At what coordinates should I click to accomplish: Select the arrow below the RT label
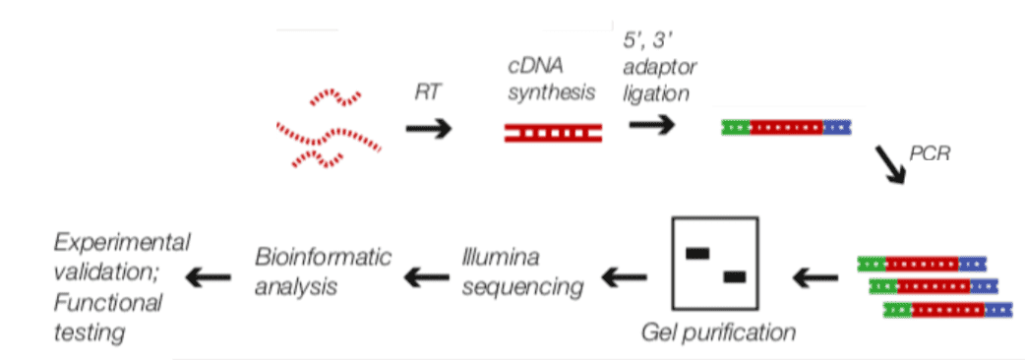(430, 129)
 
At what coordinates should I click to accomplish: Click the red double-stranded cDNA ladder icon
(554, 132)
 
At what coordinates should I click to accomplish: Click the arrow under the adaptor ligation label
(652, 125)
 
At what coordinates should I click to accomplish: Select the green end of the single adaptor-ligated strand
(735, 127)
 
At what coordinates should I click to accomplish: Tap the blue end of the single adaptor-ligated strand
(837, 127)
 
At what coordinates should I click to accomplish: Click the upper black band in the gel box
(697, 254)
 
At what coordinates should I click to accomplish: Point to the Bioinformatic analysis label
(323, 272)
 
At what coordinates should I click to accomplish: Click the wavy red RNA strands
(329, 129)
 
